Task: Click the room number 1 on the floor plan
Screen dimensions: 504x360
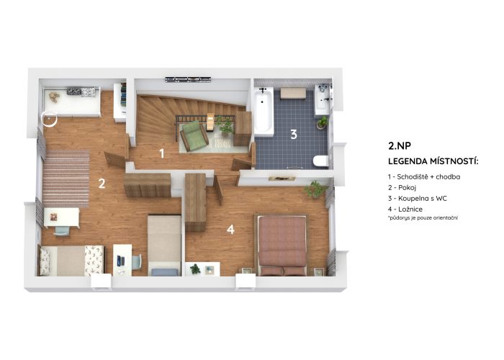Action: click(x=162, y=153)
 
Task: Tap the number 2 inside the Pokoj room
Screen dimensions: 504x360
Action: click(x=102, y=184)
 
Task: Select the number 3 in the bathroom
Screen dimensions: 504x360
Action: click(x=294, y=135)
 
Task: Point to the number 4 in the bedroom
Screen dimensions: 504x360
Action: click(x=230, y=230)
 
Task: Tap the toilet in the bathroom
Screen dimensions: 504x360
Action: click(x=320, y=161)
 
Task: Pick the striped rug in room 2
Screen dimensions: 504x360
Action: click(x=66, y=179)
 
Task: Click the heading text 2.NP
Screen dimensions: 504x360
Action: click(x=400, y=146)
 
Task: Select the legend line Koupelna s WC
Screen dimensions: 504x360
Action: click(x=418, y=198)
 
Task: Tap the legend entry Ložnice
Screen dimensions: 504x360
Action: click(x=405, y=210)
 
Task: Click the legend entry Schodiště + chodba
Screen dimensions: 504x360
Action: click(x=424, y=177)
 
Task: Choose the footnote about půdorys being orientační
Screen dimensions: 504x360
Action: click(x=423, y=218)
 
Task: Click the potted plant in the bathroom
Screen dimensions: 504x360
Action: click(x=322, y=122)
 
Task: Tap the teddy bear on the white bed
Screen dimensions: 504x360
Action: click(x=54, y=96)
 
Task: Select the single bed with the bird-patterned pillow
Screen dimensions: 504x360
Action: click(x=71, y=261)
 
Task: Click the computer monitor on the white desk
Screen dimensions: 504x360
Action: click(x=119, y=261)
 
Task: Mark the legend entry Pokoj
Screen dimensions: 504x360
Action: click(x=402, y=188)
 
